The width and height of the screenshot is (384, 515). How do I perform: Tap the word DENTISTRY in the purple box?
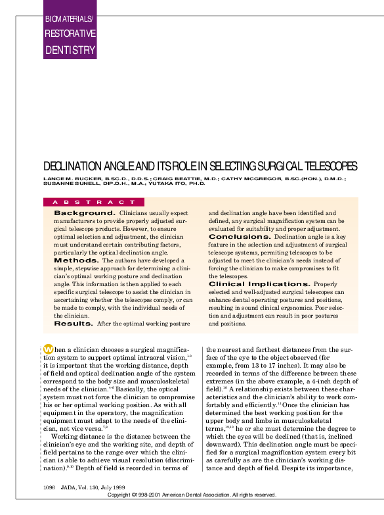(x=70, y=50)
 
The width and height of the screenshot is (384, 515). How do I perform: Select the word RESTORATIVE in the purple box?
(x=70, y=34)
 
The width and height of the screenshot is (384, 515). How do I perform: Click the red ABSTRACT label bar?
(x=92, y=202)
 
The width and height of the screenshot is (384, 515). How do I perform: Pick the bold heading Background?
(x=85, y=213)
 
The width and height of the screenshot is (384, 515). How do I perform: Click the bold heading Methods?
(x=76, y=260)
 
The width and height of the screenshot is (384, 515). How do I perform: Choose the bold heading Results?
(x=74, y=324)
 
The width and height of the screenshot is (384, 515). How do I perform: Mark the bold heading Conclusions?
(x=240, y=237)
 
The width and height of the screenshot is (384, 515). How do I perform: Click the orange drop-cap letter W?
(x=49, y=349)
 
